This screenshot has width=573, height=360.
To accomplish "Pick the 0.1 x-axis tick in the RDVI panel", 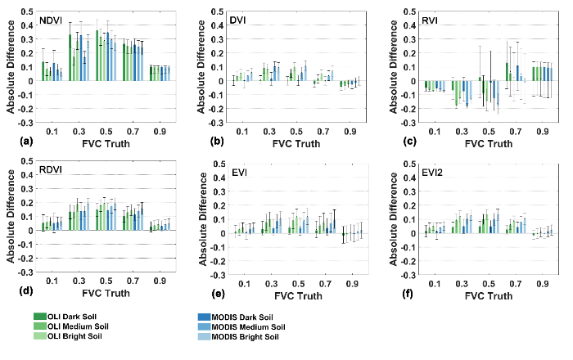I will point(51,281).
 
